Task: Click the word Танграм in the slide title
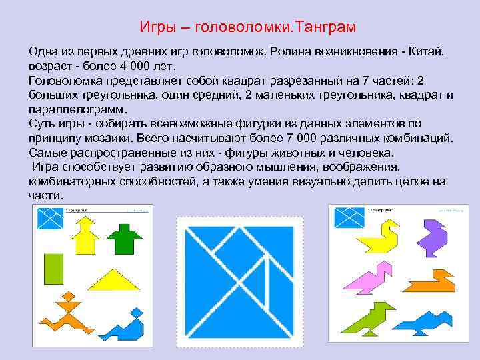[325, 27]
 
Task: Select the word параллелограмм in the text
[77, 109]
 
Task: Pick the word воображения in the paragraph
[355, 167]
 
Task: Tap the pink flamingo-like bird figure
[369, 277]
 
